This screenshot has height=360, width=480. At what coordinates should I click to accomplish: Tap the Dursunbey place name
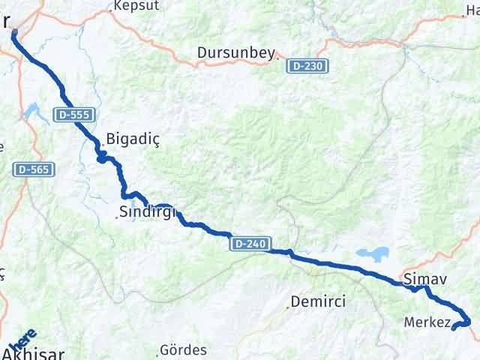point(236,53)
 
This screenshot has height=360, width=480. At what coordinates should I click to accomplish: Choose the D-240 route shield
point(249,244)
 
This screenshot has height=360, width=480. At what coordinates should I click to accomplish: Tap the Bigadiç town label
point(133,139)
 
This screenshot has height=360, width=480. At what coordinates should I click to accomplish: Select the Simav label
point(425,280)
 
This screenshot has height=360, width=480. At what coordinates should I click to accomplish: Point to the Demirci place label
point(319,301)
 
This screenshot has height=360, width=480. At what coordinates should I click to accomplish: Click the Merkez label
point(426,323)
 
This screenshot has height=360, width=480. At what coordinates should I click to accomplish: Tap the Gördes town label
point(184,350)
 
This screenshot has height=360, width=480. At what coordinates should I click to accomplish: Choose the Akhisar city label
point(37,352)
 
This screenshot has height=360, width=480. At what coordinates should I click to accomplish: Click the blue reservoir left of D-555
point(33,112)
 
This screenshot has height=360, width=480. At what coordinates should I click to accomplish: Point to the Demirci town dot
point(289,306)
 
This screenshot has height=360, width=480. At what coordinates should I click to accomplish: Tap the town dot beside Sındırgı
point(117,217)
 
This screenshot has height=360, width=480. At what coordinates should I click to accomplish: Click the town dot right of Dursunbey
point(280,53)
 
